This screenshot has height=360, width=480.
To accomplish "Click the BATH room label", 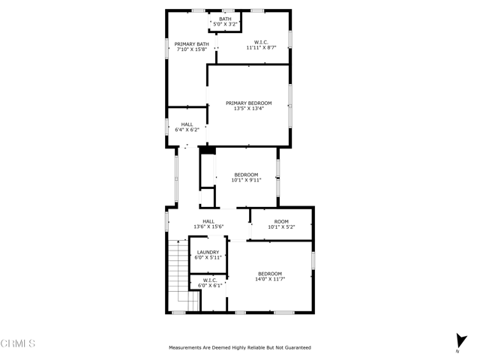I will (x=225, y=19).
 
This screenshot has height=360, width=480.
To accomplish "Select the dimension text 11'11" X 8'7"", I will (x=261, y=48).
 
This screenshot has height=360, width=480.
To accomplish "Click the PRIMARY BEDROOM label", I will (x=248, y=103).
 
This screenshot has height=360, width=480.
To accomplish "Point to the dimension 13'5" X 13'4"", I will (x=248, y=109).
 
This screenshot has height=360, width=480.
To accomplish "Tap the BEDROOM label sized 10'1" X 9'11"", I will (x=245, y=175).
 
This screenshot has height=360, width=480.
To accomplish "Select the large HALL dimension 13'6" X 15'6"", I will (x=208, y=226).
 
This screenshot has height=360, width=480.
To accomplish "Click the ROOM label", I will (x=281, y=221).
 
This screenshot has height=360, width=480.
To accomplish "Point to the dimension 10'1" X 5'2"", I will (x=281, y=226).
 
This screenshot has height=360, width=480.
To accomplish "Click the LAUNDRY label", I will (x=208, y=252).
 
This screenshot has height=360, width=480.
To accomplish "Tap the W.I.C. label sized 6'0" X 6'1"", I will (x=209, y=280).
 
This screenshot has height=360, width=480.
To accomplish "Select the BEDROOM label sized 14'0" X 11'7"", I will (x=270, y=273).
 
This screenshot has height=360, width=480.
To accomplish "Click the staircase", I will (x=180, y=274).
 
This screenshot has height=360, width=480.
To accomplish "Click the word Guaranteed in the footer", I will (x=295, y=348).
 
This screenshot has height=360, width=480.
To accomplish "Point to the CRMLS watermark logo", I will (x=18, y=345).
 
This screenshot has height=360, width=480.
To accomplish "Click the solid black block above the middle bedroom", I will (x=208, y=151).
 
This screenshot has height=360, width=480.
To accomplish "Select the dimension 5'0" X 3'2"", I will (x=225, y=25).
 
